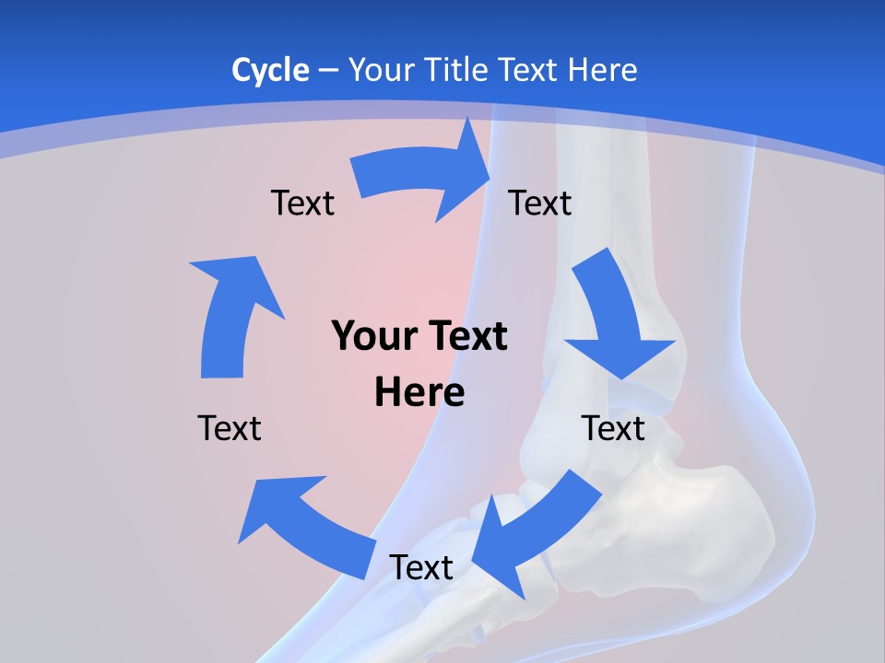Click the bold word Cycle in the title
point(270,70)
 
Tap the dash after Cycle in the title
point(328,70)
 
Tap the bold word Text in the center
point(461,337)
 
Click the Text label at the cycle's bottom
point(421,568)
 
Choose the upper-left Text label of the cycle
point(302,204)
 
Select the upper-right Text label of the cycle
point(540,204)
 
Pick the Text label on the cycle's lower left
point(230,428)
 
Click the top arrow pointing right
point(424,175)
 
